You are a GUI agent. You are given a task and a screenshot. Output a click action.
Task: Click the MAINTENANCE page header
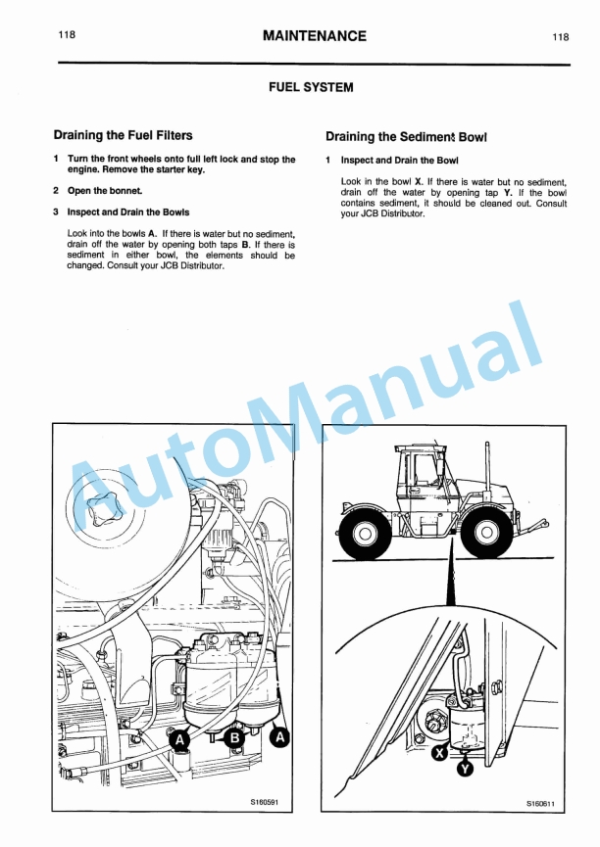[315, 36]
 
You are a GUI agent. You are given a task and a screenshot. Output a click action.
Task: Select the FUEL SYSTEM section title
[311, 87]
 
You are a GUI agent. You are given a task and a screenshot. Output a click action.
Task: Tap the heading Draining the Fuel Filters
[123, 135]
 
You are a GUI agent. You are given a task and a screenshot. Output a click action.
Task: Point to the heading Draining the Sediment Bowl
[406, 137]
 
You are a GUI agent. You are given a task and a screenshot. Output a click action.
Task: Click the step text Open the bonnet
[105, 190]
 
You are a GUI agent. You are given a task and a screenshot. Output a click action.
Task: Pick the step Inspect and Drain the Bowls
[128, 212]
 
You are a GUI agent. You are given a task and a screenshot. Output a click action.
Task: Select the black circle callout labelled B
[235, 739]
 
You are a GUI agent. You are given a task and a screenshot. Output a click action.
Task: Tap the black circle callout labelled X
[440, 751]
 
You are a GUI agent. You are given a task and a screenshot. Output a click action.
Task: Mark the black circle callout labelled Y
[466, 769]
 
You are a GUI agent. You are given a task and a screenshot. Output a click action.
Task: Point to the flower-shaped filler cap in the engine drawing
[105, 509]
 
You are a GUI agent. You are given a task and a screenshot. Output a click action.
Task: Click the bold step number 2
[56, 190]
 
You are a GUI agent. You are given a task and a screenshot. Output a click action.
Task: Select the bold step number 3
[56, 212]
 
